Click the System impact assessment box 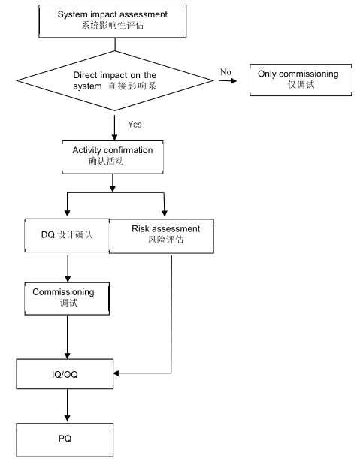point(112,18)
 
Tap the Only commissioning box point(298,80)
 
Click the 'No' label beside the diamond point(225,71)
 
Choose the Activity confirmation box point(112,156)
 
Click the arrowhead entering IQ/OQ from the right point(118,373)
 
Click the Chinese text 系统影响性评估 point(112,24)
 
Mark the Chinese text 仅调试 point(298,87)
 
